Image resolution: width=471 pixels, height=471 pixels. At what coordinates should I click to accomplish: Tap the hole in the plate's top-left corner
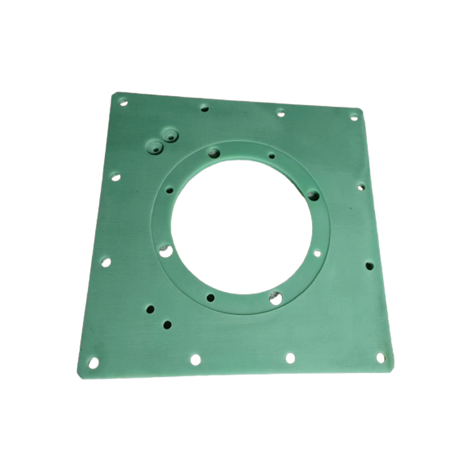tap(123, 102)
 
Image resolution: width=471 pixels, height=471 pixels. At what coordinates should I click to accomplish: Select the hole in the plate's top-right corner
tap(354, 117)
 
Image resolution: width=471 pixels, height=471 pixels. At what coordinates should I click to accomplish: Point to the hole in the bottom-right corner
tap(382, 357)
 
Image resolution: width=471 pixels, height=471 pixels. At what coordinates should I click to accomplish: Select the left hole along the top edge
tap(204, 108)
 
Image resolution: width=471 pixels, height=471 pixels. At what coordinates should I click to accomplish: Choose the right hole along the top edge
tap(281, 112)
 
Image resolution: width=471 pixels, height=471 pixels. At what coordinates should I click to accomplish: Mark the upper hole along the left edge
tap(115, 177)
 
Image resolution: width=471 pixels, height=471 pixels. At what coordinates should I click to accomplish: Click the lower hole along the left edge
tap(106, 262)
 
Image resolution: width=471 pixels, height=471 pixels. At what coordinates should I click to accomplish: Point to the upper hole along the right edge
tap(360, 188)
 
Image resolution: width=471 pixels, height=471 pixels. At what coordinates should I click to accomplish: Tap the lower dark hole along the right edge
tap(369, 266)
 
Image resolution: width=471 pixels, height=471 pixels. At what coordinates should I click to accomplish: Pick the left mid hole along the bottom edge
tap(195, 359)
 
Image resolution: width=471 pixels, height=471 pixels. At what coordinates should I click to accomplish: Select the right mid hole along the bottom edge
tap(290, 357)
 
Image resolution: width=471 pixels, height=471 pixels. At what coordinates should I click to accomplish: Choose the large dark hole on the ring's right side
tap(313, 195)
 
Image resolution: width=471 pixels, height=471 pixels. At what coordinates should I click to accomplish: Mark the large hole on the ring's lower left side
tap(167, 251)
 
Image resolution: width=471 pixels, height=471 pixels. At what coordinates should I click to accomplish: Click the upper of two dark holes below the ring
tap(150, 309)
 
